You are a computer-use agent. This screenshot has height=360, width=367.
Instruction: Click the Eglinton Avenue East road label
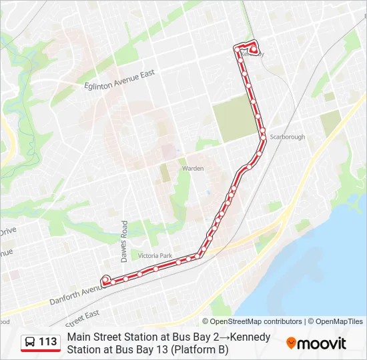pos(120,79)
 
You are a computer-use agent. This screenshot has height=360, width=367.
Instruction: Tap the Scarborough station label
pos(288,137)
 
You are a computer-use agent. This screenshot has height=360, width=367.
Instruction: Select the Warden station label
pos(193,169)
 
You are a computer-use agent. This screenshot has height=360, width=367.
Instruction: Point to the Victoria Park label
pos(155,256)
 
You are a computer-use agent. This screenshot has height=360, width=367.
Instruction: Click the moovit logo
pos(316,343)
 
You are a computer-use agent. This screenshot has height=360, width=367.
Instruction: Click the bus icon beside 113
pos(30,343)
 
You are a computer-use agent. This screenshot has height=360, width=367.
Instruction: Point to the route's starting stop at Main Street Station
pos(105,280)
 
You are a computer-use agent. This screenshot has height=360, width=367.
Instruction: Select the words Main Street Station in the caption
pos(107,337)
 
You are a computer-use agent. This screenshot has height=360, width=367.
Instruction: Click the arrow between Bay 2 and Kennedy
pos(203,337)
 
